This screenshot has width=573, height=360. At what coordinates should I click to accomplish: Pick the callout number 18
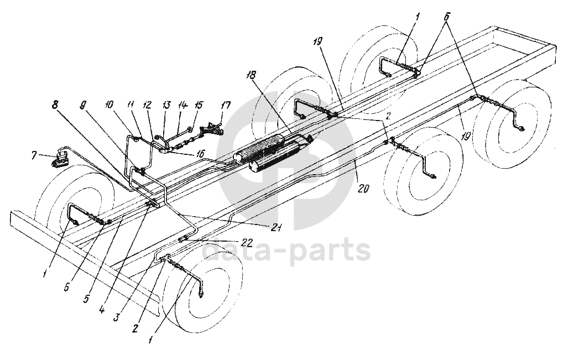[x=252, y=75]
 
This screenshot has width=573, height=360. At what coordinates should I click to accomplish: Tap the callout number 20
[x=363, y=187]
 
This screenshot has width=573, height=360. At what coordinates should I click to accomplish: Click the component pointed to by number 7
[x=60, y=161]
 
